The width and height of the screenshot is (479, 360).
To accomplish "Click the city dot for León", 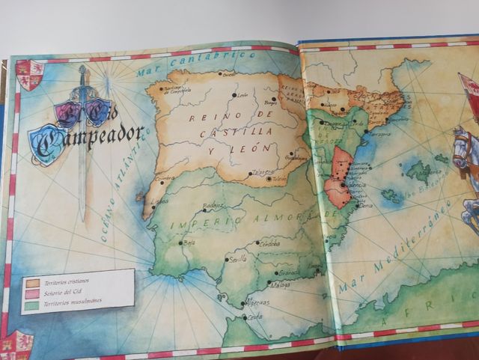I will pos(234,95).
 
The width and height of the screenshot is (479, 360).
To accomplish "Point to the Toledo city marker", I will pos(269,178).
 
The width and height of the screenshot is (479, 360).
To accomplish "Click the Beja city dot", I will pos(180,242).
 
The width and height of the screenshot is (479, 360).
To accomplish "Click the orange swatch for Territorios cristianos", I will pos(32,283).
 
